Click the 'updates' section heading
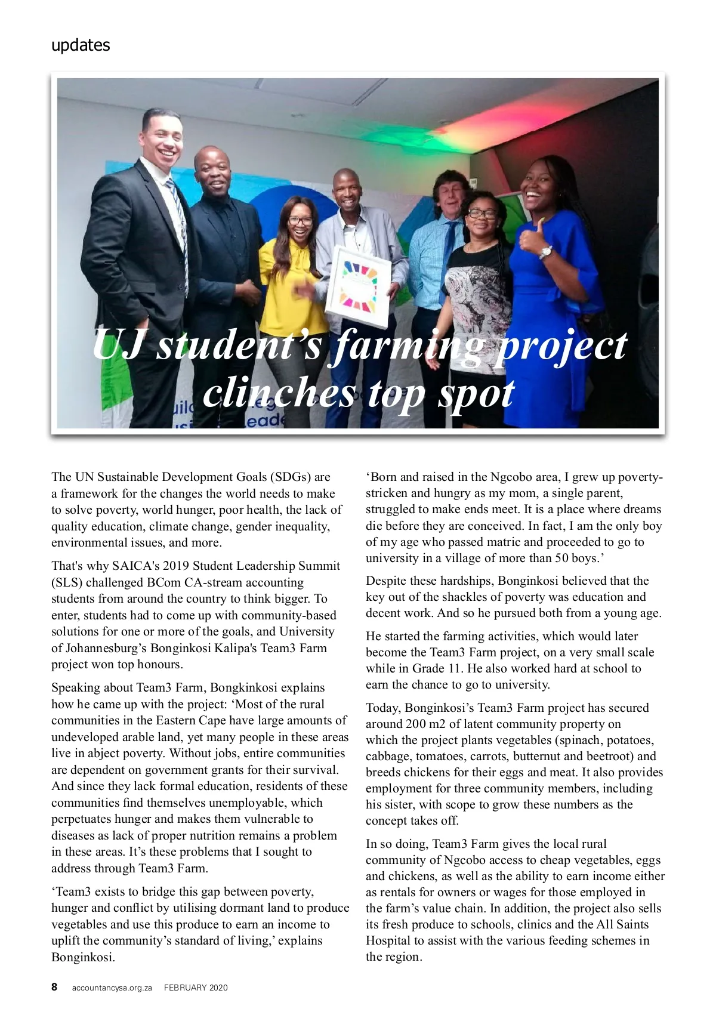[81, 45]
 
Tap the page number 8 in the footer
[54, 987]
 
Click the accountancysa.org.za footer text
[113, 988]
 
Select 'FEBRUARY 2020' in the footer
[196, 988]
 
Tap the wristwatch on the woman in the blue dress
[545, 253]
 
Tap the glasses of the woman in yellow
[300, 221]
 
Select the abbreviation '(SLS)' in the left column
[67, 582]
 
